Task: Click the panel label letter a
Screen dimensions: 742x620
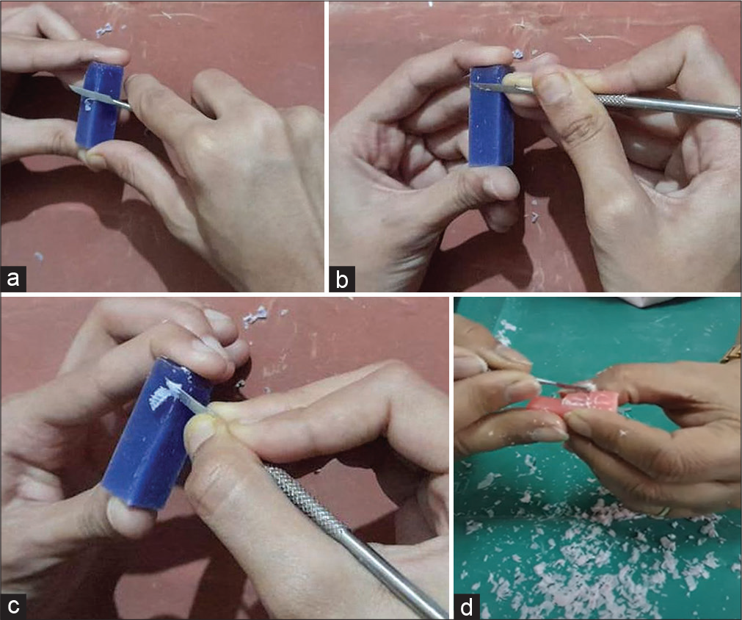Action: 12,278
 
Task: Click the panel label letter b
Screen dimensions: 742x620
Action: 342,279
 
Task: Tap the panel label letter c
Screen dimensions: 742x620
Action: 12,606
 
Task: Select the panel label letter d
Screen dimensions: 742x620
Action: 467,607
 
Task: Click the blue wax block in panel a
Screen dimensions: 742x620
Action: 100,105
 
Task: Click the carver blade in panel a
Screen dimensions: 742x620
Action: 99,96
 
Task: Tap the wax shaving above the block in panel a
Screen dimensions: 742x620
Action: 103,30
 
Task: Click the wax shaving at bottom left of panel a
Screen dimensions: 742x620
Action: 39,257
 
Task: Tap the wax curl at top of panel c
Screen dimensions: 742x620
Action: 255,317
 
